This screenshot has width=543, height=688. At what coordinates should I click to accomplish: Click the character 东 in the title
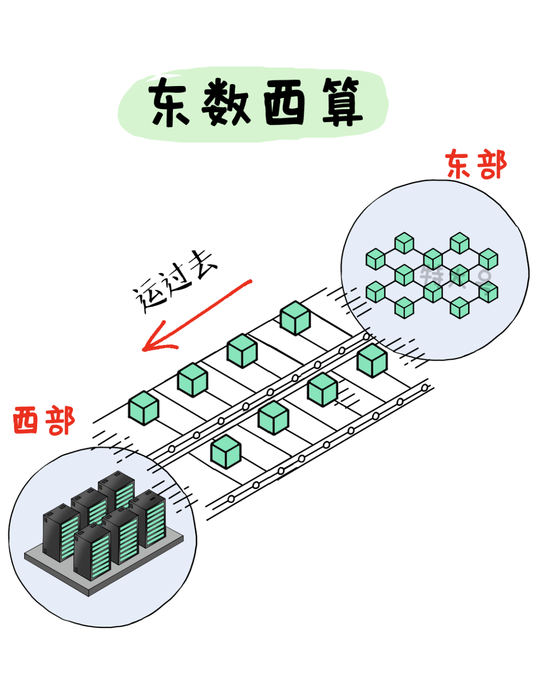click(169, 103)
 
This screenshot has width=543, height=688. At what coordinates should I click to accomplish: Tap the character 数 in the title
click(227, 103)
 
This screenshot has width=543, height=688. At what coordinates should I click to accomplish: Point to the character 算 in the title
click(342, 103)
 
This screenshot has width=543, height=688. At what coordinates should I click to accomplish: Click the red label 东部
click(476, 165)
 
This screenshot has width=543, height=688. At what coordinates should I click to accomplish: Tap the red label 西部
click(44, 421)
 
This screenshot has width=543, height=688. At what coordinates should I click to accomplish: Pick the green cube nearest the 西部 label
click(144, 408)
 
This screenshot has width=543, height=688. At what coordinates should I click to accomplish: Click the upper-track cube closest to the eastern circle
click(295, 318)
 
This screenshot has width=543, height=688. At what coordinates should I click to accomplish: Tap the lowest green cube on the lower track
click(226, 451)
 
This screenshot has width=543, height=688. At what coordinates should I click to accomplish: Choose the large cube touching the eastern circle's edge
click(372, 361)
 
